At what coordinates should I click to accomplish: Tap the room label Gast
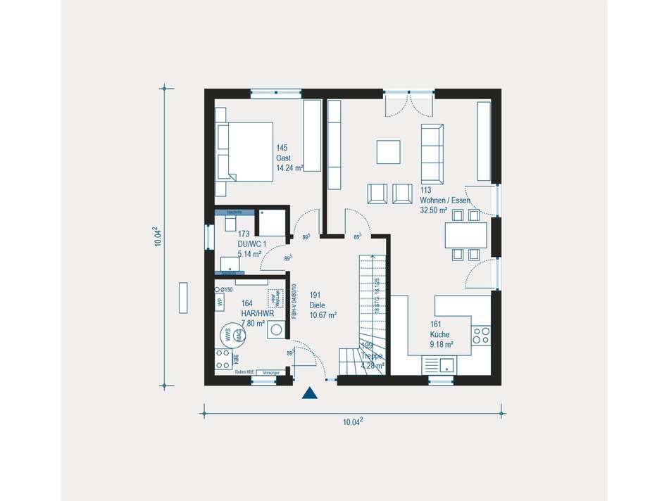(283, 158)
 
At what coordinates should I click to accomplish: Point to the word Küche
(441, 335)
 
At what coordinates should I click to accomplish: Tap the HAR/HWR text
(252, 314)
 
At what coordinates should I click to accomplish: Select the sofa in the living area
(432, 152)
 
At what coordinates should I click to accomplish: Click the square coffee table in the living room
(389, 151)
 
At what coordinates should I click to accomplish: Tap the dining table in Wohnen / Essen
(465, 234)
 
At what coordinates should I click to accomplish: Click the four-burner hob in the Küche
(482, 337)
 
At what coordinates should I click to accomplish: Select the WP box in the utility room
(220, 303)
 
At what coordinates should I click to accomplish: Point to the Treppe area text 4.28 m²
(373, 365)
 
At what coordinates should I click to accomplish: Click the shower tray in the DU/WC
(270, 222)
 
